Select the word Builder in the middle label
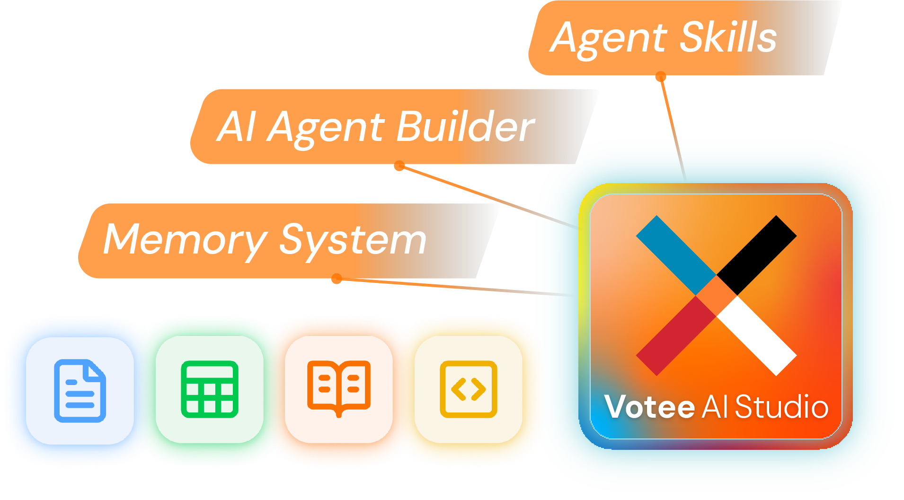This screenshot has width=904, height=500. click(x=466, y=127)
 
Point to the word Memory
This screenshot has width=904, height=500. click(x=185, y=240)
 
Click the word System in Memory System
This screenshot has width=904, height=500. click(x=353, y=240)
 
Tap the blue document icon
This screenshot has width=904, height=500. click(x=80, y=391)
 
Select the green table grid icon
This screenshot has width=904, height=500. click(x=209, y=389)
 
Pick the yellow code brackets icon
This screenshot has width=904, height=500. click(x=469, y=389)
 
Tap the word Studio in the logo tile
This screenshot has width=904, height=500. click(x=781, y=407)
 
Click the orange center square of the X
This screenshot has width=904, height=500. click(x=717, y=296)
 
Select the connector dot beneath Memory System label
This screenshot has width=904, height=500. click(x=337, y=280)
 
